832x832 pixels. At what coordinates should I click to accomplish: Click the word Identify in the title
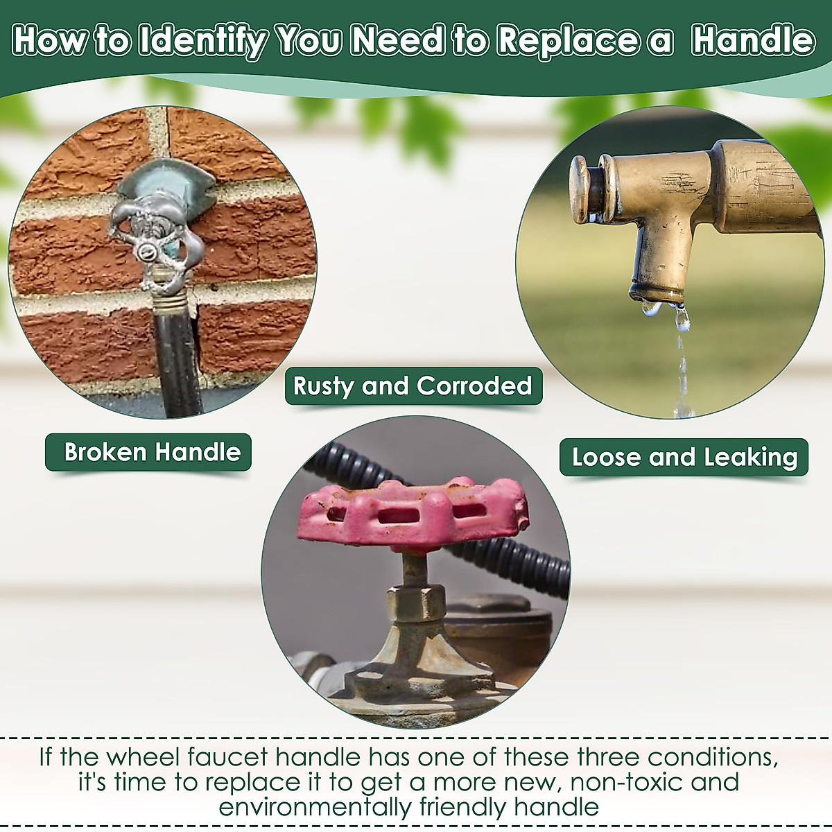pyautogui.click(x=202, y=42)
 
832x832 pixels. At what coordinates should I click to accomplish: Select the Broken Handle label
pyautogui.click(x=148, y=453)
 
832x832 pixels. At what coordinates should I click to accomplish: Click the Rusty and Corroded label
pyautogui.click(x=413, y=385)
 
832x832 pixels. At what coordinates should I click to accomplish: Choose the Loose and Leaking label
pyautogui.click(x=684, y=457)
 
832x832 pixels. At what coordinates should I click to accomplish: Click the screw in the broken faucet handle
pyautogui.click(x=146, y=249)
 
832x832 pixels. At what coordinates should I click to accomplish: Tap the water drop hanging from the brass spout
pyautogui.click(x=682, y=318)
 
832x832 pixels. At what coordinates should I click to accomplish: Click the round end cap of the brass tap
pyautogui.click(x=580, y=189)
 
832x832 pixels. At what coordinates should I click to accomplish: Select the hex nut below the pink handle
pyautogui.click(x=416, y=604)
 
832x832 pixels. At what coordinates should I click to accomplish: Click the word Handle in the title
pyautogui.click(x=754, y=41)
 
